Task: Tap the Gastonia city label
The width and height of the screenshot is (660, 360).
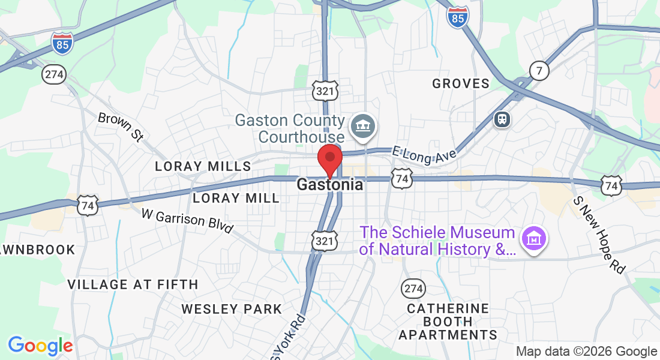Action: pos(329,185)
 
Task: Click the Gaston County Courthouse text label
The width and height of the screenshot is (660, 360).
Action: pos(290,128)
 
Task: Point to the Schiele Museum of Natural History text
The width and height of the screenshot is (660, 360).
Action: pos(437,241)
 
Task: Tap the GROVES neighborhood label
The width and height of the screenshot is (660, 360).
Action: pos(461,84)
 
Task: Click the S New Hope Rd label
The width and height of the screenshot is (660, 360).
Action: pos(599,235)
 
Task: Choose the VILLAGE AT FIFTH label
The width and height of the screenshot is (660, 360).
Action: pos(133,284)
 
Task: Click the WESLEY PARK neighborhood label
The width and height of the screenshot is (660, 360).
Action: pos(232,309)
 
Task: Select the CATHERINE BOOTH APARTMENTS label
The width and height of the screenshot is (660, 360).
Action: pos(448,322)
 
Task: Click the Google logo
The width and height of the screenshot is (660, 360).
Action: pos(40,346)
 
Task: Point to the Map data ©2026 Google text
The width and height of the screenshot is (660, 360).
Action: pos(587,352)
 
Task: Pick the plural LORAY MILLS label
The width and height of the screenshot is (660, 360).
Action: pos(203,166)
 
